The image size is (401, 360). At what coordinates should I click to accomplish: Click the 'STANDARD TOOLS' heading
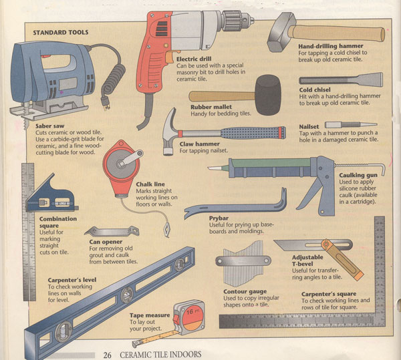pyautogui.click(x=61, y=33)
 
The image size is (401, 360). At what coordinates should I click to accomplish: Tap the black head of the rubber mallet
pyautogui.click(x=268, y=95)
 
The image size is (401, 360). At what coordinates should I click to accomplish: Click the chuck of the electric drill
pyautogui.click(x=237, y=21)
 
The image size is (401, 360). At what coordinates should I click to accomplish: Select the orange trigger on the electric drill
pyautogui.click(x=169, y=57)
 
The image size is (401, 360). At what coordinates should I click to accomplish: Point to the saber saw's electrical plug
pyautogui.click(x=106, y=102)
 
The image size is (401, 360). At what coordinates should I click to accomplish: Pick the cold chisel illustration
pyautogui.click(x=341, y=79)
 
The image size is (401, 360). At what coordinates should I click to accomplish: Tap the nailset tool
pyautogui.click(x=351, y=125)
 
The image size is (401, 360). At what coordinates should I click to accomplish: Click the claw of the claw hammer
pyautogui.click(x=170, y=118)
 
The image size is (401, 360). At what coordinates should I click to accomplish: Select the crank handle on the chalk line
pyautogui.click(x=131, y=158)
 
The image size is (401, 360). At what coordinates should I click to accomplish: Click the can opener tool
pyautogui.click(x=112, y=232)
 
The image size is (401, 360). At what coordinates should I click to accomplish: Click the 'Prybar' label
pyautogui.click(x=219, y=218)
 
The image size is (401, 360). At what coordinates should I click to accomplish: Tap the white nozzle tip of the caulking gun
pyautogui.click(x=214, y=168)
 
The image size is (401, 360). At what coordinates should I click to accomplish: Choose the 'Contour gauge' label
pyautogui.click(x=245, y=291)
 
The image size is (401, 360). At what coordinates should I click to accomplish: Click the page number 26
pyautogui.click(x=107, y=355)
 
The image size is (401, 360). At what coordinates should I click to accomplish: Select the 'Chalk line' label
pyautogui.click(x=150, y=184)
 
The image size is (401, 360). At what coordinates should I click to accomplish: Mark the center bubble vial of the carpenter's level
pyautogui.click(x=127, y=295)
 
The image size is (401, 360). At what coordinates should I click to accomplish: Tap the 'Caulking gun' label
pyautogui.click(x=358, y=175)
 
